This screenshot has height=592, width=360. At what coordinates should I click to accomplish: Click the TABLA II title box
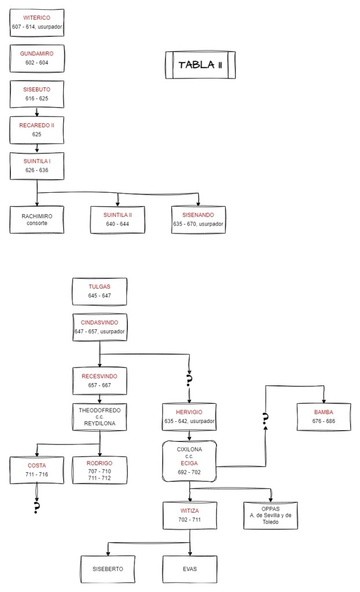point(200,65)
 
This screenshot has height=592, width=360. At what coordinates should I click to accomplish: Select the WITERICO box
point(37,23)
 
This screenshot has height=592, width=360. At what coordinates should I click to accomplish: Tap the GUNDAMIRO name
point(37,54)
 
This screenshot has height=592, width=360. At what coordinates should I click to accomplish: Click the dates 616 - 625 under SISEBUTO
point(37,98)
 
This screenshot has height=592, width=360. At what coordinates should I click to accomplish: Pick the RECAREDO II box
point(37,130)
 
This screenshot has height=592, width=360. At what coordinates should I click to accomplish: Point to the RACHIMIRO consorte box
point(37,219)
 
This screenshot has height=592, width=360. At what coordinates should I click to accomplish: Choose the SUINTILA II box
point(118,219)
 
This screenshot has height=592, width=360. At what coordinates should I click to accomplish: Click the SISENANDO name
point(199,215)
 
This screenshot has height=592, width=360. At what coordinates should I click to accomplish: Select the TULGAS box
point(100,291)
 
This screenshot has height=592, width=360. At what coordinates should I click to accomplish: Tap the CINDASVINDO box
point(100,327)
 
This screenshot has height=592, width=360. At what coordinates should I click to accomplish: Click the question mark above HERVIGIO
point(189,380)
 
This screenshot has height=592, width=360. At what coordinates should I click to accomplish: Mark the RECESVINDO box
point(100,380)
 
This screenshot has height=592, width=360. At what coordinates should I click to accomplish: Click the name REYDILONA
point(100,423)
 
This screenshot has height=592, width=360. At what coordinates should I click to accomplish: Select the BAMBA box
point(324,417)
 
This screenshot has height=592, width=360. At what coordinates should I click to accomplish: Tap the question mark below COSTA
point(37,508)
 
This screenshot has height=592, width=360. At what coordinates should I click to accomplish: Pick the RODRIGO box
point(100,470)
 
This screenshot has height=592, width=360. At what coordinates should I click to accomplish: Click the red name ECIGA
point(189,463)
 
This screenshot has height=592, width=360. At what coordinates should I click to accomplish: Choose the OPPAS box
point(270,515)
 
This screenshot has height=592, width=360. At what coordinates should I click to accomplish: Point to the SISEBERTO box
point(108,569)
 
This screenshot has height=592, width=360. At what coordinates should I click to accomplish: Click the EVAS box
point(189,569)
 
